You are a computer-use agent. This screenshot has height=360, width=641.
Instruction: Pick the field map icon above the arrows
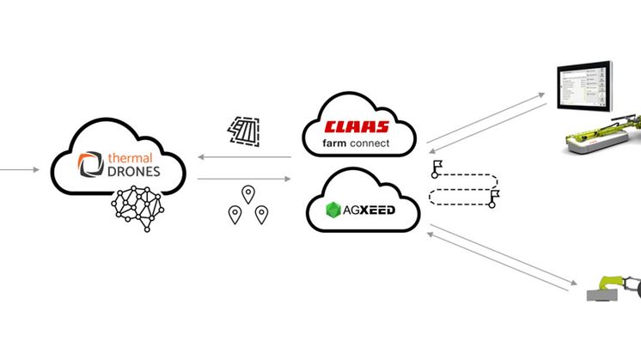tap(244, 129)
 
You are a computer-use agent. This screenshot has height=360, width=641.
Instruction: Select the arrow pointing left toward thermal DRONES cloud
tap(246, 157)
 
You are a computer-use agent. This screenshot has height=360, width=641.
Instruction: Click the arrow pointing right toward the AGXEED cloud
tap(246, 179)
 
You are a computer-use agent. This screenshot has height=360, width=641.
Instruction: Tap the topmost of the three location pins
tap(248, 193)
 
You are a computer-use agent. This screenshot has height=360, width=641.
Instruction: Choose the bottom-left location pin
tap(233, 215)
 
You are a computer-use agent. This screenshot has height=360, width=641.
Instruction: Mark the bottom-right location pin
tap(261, 215)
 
